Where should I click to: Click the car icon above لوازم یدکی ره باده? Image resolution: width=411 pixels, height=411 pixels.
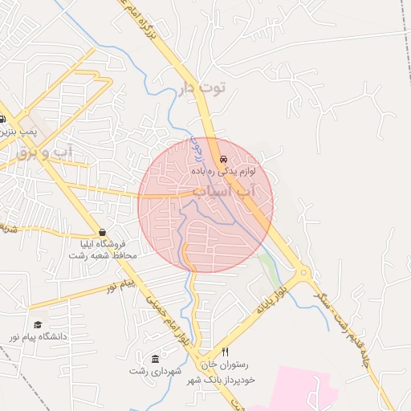tap(222, 159)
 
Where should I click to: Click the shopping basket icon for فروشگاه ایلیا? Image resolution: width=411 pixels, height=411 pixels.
tap(101, 232)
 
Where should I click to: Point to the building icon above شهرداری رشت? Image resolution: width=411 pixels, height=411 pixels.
tap(155, 358)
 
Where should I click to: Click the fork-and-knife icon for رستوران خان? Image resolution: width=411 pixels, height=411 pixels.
tap(225, 352)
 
